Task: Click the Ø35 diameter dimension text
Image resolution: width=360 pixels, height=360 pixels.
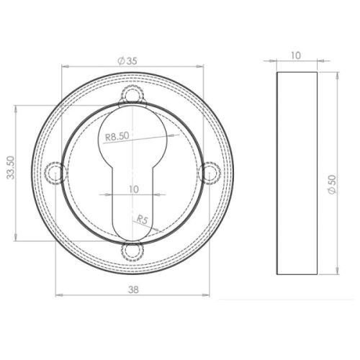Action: pos(127,62)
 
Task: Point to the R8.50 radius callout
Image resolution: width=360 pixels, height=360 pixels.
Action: pos(116,135)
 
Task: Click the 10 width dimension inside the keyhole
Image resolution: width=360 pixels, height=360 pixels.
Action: pos(132,189)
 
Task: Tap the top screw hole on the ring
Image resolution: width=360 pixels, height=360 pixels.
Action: pos(132,94)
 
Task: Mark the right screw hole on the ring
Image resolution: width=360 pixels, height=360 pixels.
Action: pos(210,172)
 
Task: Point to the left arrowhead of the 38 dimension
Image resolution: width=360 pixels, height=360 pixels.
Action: pos(58,294)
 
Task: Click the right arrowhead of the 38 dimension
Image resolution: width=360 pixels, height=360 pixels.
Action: pos(208,294)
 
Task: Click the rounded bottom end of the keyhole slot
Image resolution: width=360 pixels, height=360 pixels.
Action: pos(132,234)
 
